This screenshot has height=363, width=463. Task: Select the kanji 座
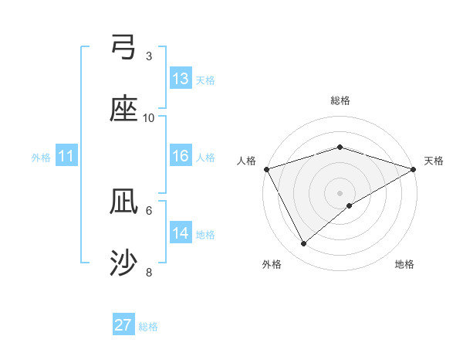[x=124, y=110]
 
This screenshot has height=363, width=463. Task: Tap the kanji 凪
[x=124, y=202]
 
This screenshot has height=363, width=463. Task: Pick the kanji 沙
[x=124, y=264]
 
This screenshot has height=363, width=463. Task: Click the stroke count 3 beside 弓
[x=149, y=56]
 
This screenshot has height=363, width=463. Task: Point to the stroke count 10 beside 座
[x=149, y=117]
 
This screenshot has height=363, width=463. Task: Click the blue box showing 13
[x=181, y=79]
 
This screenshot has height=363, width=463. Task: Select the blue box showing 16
[x=181, y=156]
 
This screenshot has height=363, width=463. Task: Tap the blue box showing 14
[x=181, y=233]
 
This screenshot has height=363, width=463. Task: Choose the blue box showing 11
[x=66, y=157]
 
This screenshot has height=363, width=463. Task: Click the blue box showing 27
[x=123, y=325]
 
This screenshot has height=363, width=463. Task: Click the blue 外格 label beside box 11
[x=41, y=158]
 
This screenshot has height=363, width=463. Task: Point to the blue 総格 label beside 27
[x=148, y=327]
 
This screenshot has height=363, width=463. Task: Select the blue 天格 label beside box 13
[x=204, y=80]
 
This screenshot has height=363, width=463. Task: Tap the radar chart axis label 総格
[x=340, y=100]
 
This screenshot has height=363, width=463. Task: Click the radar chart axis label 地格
[x=404, y=264]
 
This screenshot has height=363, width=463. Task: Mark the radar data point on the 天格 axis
[x=414, y=169]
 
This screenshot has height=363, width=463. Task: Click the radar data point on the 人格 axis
[x=266, y=169]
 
